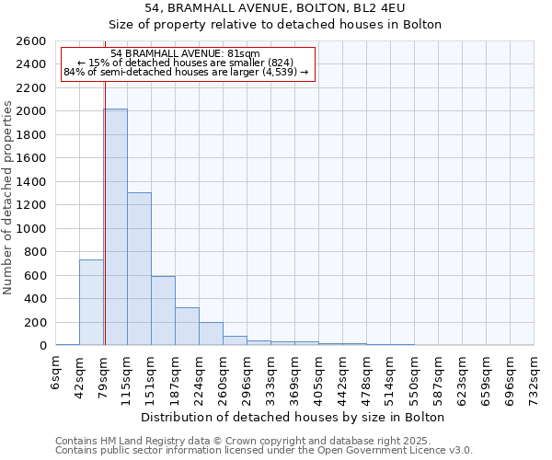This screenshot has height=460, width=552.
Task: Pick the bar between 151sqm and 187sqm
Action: click(163, 310)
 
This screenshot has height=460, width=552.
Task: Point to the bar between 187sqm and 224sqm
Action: click(187, 326)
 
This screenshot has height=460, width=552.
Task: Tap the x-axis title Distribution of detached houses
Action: click(294, 417)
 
